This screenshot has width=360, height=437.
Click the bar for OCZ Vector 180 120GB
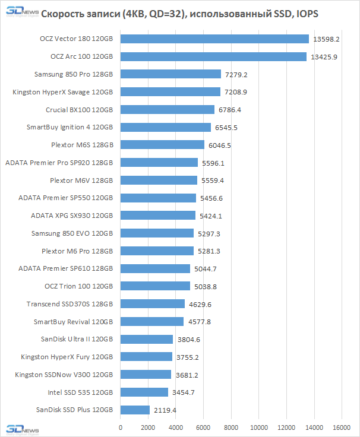click(214, 39)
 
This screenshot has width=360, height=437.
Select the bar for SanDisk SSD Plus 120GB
click(135, 410)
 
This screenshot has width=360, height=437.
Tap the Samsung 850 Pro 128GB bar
click(170, 75)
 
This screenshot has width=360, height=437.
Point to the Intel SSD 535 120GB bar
click(144, 392)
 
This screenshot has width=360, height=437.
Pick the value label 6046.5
click(219, 145)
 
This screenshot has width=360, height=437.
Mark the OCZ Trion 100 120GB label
click(78, 286)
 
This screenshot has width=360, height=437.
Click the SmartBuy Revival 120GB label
click(73, 322)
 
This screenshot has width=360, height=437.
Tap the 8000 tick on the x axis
click(231, 427)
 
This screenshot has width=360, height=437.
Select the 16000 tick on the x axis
click(341, 427)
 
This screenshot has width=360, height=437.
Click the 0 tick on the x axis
click(121, 427)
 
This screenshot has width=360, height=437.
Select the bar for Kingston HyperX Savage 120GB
click(170, 92)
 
